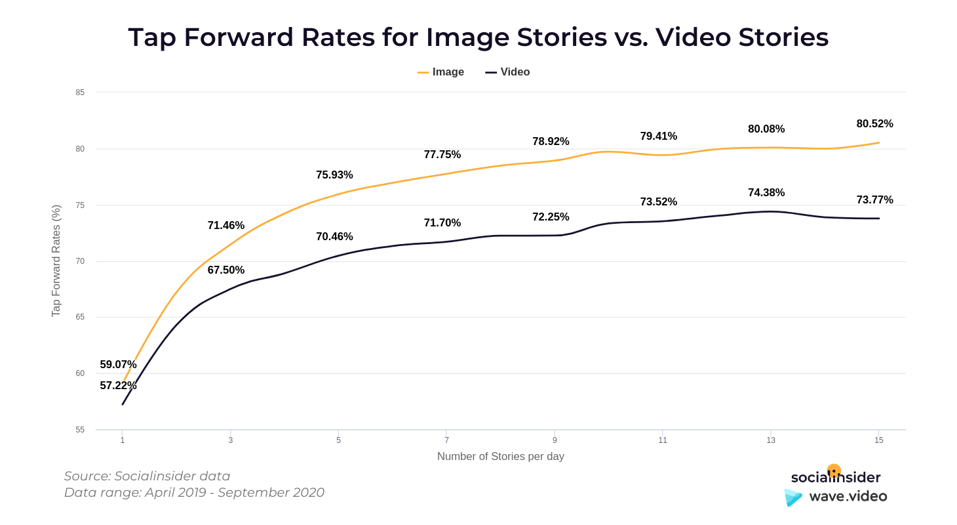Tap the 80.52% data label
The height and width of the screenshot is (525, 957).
[874, 123]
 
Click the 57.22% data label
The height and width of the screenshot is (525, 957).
[118, 385]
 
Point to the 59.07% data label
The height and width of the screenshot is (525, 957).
[118, 364]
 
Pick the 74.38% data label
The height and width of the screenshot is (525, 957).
[766, 192]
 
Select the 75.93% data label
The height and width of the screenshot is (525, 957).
[334, 175]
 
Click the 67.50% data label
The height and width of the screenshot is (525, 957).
[226, 270]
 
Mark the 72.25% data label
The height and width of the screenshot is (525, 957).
[551, 217]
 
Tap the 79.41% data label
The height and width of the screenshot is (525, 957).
[659, 136]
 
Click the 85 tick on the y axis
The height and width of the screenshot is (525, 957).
[80, 93]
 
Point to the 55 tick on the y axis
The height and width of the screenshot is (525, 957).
[80, 430]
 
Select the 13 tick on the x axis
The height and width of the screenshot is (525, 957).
[771, 440]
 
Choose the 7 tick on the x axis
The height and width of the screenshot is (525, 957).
[446, 440]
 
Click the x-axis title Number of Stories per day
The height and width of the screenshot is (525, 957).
[500, 456]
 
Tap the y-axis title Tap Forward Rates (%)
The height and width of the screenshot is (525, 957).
[56, 261]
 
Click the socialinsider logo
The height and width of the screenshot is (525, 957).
[836, 477]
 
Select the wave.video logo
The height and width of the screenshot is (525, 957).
[836, 497]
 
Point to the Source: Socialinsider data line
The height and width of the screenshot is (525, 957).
[147, 476]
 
